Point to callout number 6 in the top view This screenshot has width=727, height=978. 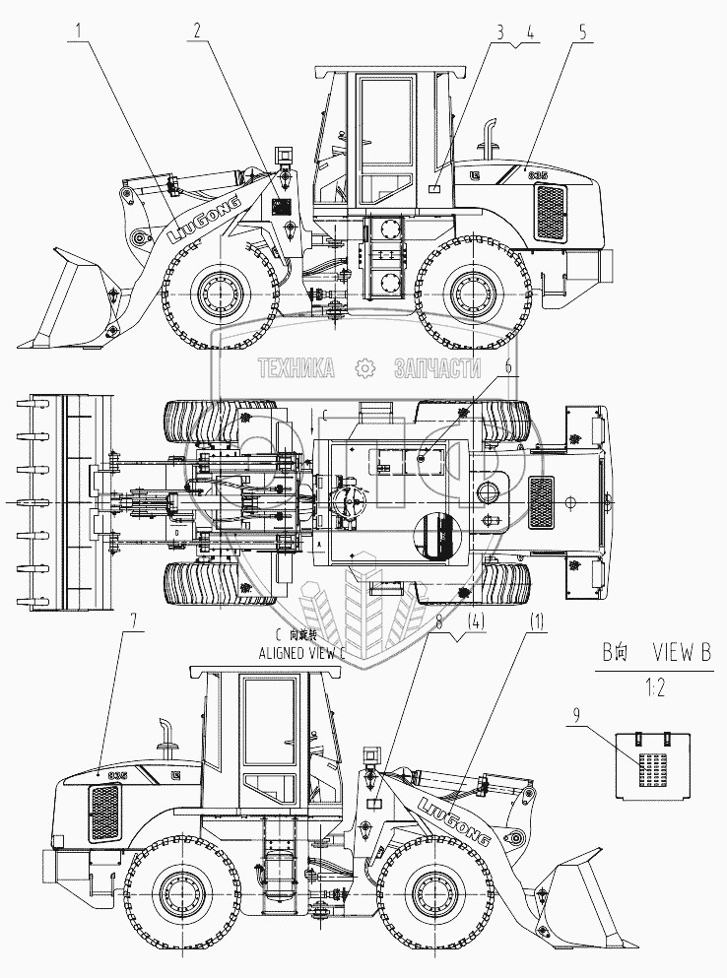pos(508,366)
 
